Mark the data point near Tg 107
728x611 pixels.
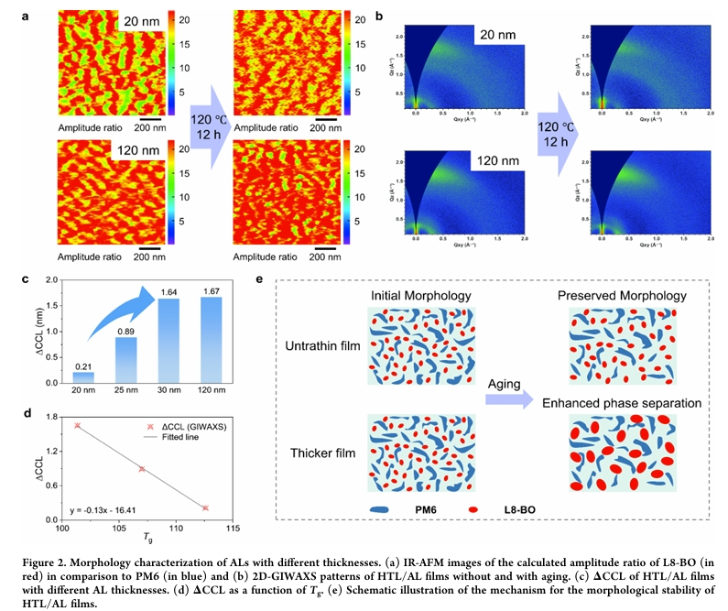(x=142, y=469)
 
